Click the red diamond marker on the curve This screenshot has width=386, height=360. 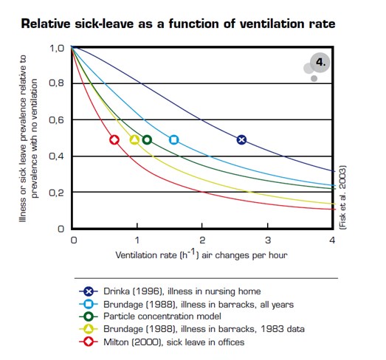(x=114, y=139)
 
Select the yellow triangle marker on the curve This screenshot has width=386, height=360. (x=134, y=139)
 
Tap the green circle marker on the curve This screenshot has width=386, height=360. (x=147, y=139)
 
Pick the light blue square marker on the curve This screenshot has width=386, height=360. (x=173, y=139)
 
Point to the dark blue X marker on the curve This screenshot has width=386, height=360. (x=241, y=139)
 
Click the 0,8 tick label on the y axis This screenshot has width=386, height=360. (x=56, y=83)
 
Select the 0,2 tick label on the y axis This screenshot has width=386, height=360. (x=56, y=193)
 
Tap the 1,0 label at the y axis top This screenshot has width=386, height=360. (x=57, y=48)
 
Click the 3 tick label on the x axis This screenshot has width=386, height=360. (x=268, y=240)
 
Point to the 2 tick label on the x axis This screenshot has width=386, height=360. (x=202, y=240)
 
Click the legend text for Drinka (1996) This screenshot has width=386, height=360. (x=182, y=291)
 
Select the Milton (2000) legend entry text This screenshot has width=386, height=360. (x=173, y=342)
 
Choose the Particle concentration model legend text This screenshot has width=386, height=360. (x=162, y=316)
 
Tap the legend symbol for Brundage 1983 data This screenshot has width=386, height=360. (x=89, y=329)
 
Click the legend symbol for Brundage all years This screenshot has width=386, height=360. (x=89, y=305)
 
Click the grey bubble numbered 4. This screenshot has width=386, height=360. (x=320, y=63)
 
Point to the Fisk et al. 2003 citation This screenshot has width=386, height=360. (x=342, y=198)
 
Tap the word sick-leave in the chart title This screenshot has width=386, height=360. (x=104, y=24)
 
